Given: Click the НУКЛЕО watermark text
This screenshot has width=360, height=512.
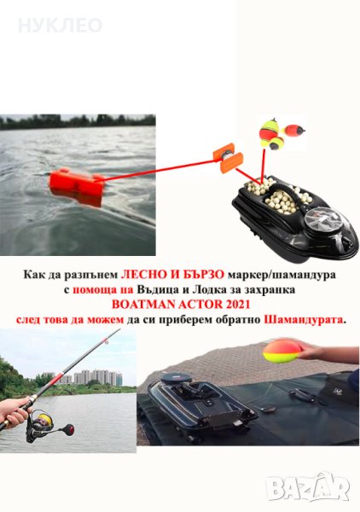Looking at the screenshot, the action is tap(60, 26).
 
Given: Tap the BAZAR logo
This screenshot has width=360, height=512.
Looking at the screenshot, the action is tap(308, 487).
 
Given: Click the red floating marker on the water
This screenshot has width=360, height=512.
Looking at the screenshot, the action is tap(77, 187).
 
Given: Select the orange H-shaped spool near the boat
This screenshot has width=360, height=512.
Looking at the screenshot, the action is tap(224, 158).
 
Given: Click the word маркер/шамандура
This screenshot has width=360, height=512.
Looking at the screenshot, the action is tap(282, 275).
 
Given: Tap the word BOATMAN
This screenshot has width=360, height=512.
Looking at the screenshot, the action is tap(143, 305).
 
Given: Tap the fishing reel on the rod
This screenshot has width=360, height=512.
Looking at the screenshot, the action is tap(43, 426).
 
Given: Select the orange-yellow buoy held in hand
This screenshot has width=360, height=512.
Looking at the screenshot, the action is tap(282, 352).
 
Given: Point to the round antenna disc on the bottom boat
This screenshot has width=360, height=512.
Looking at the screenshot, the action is tap(177, 379).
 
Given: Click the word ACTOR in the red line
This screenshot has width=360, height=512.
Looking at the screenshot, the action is tap(200, 305).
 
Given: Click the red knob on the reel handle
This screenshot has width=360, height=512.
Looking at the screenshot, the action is tap(69, 429).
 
